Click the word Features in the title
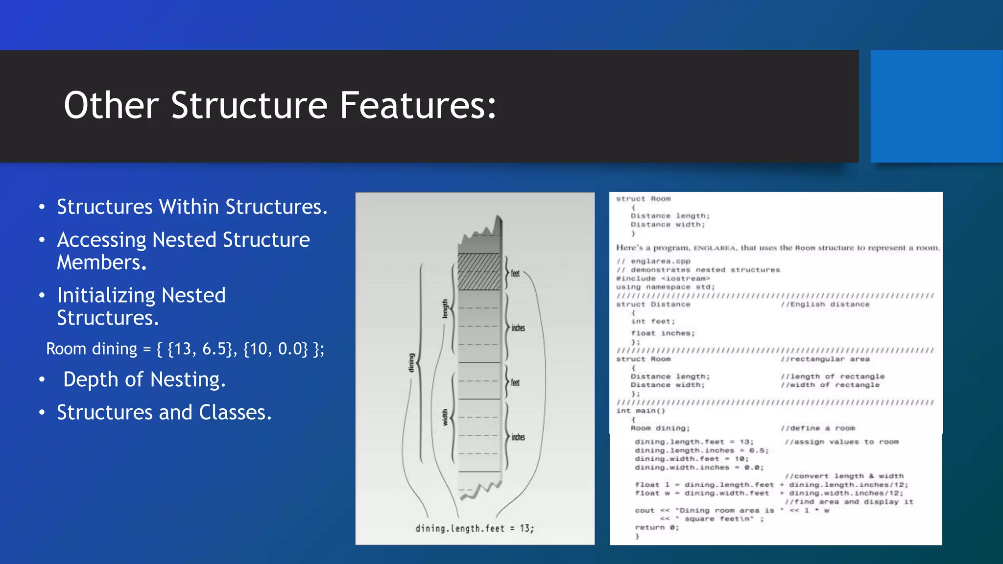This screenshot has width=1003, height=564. point(418,105)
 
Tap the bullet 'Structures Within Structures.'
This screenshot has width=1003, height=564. point(192,207)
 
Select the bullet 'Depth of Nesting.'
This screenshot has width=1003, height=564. point(144,380)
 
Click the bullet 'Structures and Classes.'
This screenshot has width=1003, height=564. point(164,413)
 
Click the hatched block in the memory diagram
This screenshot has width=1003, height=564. point(479,272)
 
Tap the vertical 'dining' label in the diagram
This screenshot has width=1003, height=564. point(411,363)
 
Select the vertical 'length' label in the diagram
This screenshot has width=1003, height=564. point(445,309)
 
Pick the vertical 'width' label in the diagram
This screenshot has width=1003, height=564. point(445,417)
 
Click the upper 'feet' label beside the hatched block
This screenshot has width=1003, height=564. point(515,273)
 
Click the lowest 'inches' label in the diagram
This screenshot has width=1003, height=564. point(518,437)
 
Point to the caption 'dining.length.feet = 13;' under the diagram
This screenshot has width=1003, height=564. point(475,528)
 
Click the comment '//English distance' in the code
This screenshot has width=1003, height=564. point(825,305)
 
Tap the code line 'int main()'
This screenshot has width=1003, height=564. point(641,411)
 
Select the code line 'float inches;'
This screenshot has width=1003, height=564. point(663,333)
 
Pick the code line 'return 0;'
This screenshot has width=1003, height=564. point(657,528)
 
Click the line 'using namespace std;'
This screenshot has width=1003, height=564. point(666,287)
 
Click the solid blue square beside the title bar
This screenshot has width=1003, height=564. point(936,106)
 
